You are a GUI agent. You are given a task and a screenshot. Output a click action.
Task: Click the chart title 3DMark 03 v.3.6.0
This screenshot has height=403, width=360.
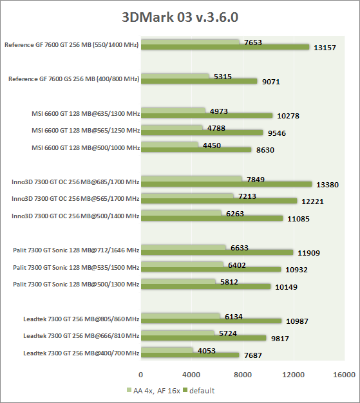point(180,17)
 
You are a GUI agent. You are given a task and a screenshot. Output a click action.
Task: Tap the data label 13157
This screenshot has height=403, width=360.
point(325,48)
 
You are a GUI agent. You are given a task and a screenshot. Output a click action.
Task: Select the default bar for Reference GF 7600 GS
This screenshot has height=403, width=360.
point(199,81)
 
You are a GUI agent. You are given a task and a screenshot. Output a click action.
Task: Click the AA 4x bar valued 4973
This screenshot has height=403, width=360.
point(173,111)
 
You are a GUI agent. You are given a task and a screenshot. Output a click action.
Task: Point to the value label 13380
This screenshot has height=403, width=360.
point(327,185)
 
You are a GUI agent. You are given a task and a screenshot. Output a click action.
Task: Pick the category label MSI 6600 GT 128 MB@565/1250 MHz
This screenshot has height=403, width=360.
point(86,130)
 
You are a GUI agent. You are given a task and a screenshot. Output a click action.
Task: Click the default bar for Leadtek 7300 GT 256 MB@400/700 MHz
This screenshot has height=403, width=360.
point(190,355)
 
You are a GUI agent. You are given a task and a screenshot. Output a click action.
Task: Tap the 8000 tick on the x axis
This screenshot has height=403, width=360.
point(243,375)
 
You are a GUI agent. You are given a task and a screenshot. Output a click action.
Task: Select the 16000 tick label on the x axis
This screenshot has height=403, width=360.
point(345,375)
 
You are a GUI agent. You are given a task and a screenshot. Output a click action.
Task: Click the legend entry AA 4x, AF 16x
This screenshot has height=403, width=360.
point(153,391)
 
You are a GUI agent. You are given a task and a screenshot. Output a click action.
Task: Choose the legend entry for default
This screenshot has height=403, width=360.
point(199,391)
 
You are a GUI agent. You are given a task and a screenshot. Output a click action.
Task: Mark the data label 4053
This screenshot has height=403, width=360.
point(207,351)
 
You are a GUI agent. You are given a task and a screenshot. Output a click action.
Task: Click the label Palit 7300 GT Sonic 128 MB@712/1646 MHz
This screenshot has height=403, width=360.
point(76,250)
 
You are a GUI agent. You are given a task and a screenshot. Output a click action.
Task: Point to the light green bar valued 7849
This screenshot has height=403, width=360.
point(191,179)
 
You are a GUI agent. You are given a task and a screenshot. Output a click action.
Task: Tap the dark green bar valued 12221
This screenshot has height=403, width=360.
point(219,201)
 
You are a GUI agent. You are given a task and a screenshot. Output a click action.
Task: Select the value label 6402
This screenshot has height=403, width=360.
point(237,265)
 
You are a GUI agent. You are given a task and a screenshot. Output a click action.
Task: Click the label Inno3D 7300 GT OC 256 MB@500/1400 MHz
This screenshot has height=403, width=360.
point(75,216)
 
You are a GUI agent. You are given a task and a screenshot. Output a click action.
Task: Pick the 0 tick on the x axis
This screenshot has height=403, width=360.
point(140,375)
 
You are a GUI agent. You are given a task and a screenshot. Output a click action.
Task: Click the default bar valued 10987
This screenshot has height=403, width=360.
point(211,321)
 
